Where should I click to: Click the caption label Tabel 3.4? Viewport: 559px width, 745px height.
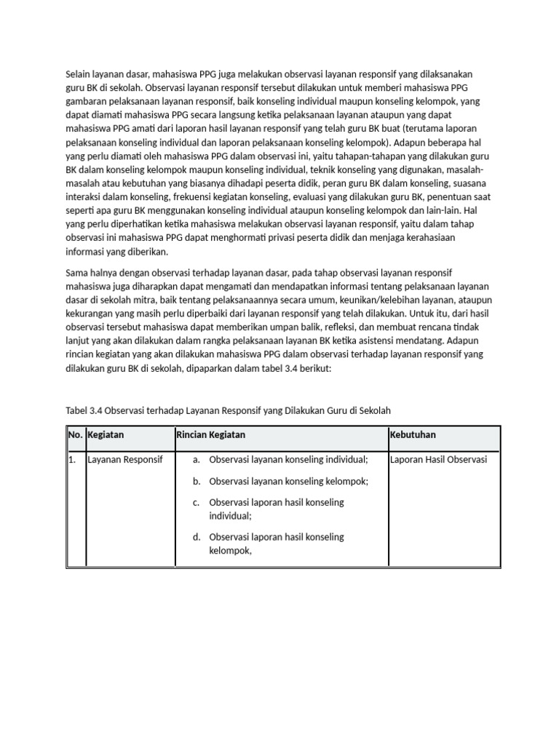85,410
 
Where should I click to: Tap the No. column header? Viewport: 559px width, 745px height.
75,435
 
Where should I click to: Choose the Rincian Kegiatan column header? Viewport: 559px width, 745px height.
211,435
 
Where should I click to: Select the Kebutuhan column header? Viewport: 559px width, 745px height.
413,435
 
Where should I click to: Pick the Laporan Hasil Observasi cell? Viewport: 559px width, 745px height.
438,460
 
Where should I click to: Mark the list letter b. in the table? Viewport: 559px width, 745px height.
197,482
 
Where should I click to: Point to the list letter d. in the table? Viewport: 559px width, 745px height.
197,538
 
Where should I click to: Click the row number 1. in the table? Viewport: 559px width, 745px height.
73,460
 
